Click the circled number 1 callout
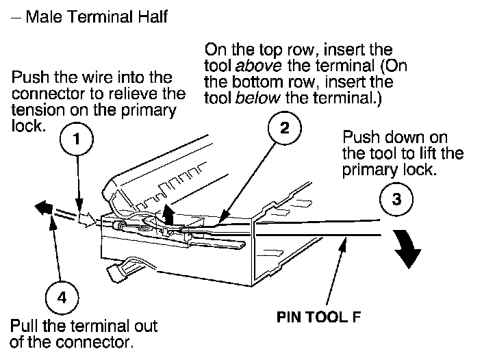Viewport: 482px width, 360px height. (78, 139)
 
